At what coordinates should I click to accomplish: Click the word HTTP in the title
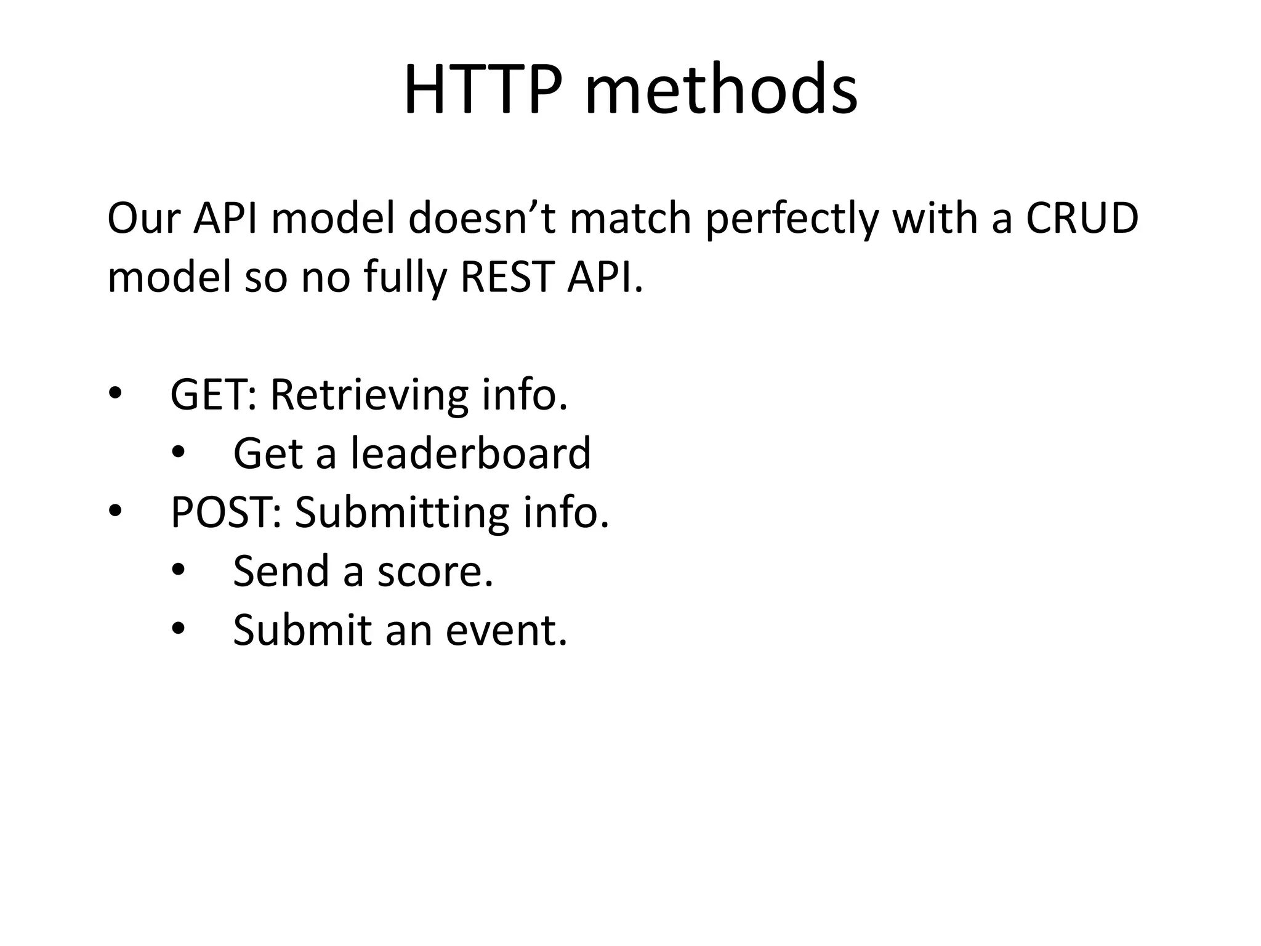(483, 90)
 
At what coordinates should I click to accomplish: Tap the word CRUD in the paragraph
(1081, 219)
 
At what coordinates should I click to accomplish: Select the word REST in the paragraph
(507, 277)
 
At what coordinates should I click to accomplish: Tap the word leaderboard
(471, 453)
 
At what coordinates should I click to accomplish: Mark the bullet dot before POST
(115, 512)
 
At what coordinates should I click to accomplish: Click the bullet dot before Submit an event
(178, 629)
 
